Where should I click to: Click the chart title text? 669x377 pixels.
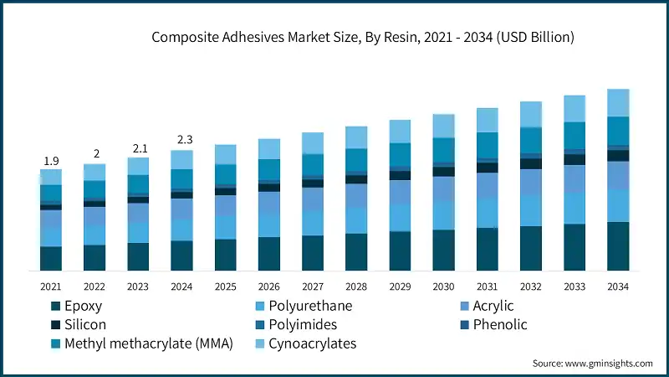(x=362, y=38)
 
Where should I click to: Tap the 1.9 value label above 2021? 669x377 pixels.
(x=51, y=161)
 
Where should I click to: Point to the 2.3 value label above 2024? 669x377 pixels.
(x=181, y=140)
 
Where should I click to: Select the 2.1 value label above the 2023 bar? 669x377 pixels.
(x=138, y=148)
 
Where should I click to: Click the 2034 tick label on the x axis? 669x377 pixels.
(x=617, y=287)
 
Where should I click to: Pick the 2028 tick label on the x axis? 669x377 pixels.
(x=355, y=287)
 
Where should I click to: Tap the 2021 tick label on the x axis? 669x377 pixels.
(x=51, y=287)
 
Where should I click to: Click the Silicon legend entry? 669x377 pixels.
(x=84, y=325)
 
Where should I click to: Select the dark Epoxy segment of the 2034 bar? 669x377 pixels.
(x=617, y=246)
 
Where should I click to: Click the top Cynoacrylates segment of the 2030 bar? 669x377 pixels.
(x=443, y=127)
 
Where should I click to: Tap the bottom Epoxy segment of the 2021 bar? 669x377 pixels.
(x=51, y=258)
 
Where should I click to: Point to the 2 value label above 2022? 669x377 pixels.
(x=95, y=154)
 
